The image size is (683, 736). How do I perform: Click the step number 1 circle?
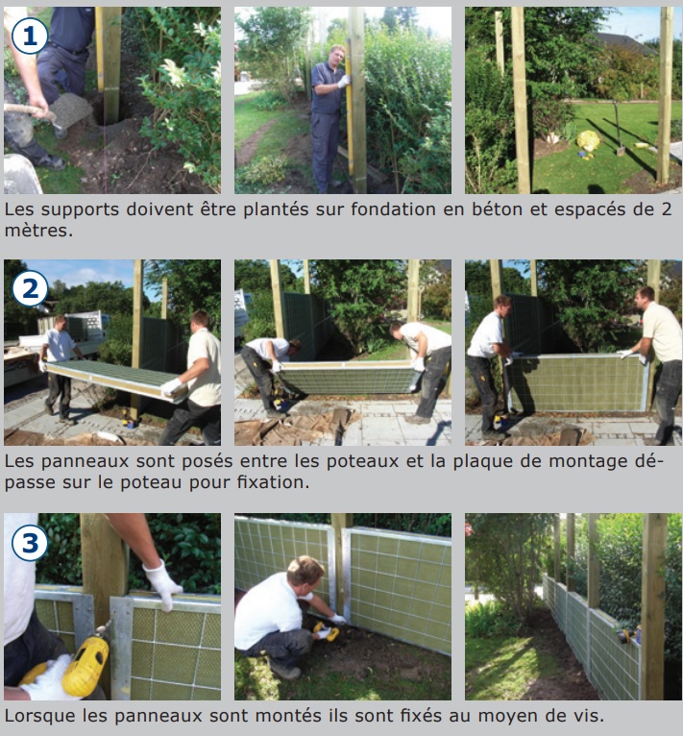point(30,37)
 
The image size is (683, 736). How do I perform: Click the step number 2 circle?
point(30,289)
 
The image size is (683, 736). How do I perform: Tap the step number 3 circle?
point(30,543)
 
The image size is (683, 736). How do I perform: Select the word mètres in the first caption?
point(38,231)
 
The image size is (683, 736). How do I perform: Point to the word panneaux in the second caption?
point(85,462)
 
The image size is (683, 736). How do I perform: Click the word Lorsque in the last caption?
point(39,716)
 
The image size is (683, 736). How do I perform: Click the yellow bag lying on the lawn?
point(587,141)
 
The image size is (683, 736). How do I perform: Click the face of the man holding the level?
point(337,56)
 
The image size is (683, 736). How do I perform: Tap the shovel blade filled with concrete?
point(70,110)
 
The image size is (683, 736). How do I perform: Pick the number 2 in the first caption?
point(667,209)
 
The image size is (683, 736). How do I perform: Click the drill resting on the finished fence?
point(629,635)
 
